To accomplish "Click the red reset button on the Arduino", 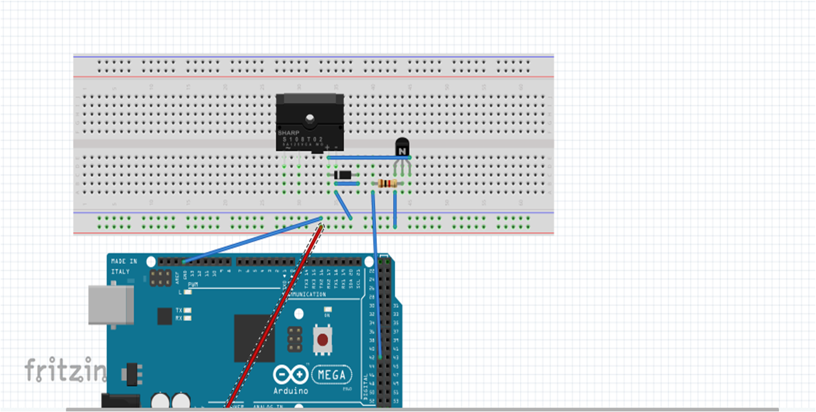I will pyautogui.click(x=323, y=340).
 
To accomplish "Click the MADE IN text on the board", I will pyautogui.click(x=124, y=261).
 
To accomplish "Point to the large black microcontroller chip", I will pyautogui.click(x=254, y=338).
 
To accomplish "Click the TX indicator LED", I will pyautogui.click(x=188, y=310).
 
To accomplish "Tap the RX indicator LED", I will pyautogui.click(x=188, y=318).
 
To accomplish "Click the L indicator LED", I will pyautogui.click(x=188, y=292).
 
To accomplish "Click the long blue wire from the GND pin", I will pyautogui.click(x=252, y=240).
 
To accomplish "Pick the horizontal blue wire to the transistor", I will pyautogui.click(x=365, y=157).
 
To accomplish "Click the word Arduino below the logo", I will pyautogui.click(x=291, y=391).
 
